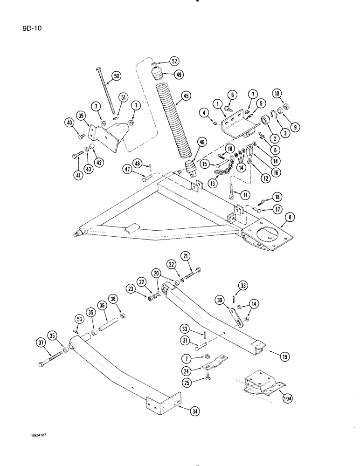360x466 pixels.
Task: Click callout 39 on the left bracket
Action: (x=82, y=116)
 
